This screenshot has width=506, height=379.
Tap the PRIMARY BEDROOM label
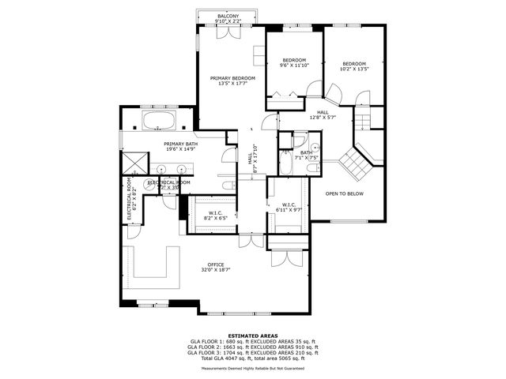click(232, 78)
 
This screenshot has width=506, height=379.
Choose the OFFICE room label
click(215, 265)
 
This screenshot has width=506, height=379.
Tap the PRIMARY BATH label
click(179, 144)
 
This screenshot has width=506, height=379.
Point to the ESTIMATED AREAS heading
click(252, 336)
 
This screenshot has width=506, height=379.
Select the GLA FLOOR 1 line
click(252, 341)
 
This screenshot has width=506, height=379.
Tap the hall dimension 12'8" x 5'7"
click(323, 118)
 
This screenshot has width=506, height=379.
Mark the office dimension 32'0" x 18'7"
click(215, 270)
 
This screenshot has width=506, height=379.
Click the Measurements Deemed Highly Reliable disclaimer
click(252, 367)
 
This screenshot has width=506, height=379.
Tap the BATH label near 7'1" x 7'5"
click(305, 152)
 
